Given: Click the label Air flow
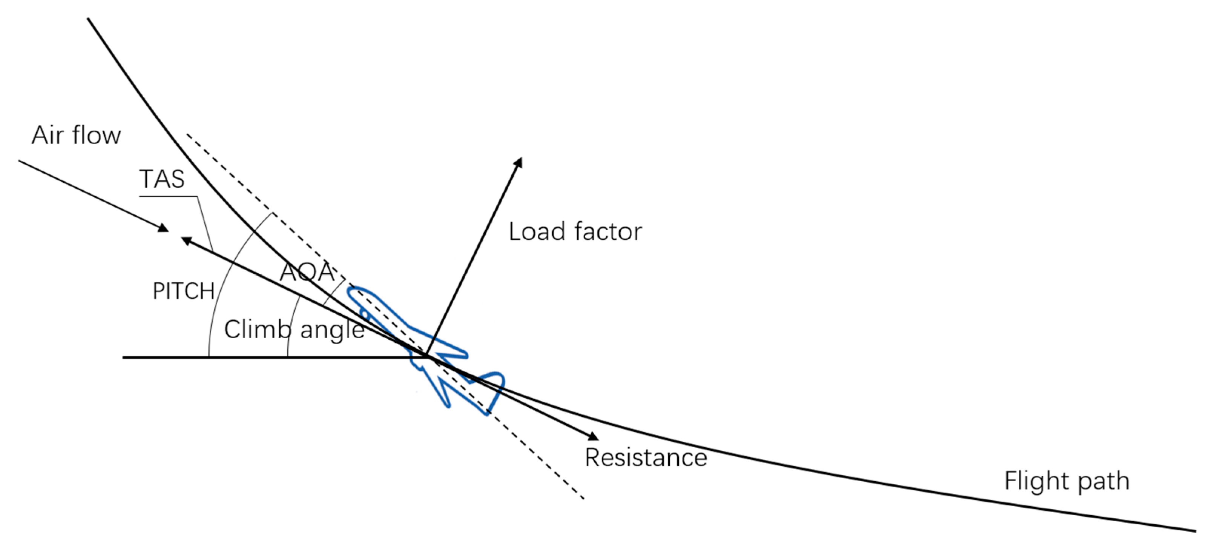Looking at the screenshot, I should (x=76, y=135).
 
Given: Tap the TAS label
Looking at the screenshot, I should (x=162, y=179).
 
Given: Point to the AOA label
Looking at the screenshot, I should (x=307, y=272).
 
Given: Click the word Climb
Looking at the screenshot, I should (x=258, y=329).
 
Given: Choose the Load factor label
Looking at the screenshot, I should (x=575, y=231).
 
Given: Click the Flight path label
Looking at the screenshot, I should (x=1067, y=481).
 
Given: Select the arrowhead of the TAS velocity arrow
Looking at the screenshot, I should (x=185, y=240).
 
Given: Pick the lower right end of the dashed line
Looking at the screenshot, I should (x=583, y=498).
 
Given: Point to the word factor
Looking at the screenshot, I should (x=608, y=231).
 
